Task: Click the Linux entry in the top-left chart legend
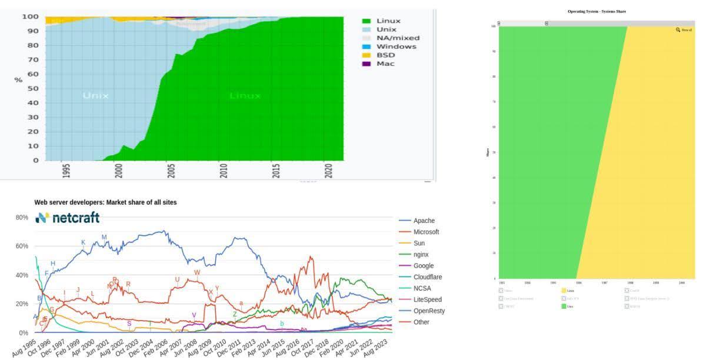(x=388, y=21)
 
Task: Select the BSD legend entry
(x=385, y=55)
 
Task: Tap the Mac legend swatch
(x=367, y=64)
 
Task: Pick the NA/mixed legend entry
(x=398, y=38)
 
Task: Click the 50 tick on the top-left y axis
(x=34, y=88)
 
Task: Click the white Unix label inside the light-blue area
(x=95, y=95)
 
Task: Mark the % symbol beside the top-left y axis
(x=18, y=79)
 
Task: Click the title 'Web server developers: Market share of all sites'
(x=105, y=202)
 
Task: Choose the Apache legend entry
(x=424, y=221)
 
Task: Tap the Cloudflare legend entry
(x=428, y=277)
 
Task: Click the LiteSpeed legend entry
(x=427, y=299)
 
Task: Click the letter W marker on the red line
(x=197, y=272)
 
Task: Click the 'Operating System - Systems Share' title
(x=597, y=11)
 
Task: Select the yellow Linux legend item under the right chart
(x=566, y=290)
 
